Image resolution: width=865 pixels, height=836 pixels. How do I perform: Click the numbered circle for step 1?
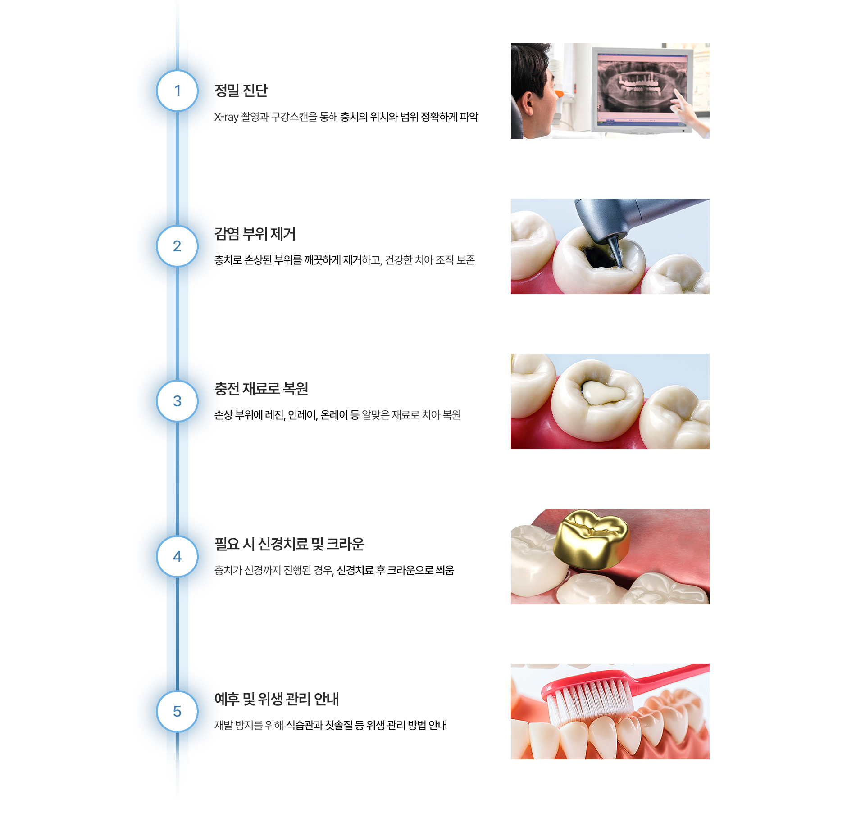coord(177,91)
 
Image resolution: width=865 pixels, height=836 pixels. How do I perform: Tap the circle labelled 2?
coord(177,246)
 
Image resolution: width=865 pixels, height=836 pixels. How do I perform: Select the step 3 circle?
coord(177,401)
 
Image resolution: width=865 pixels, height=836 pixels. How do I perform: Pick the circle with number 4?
coord(177,556)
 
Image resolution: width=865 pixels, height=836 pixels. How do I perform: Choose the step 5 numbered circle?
coord(177,711)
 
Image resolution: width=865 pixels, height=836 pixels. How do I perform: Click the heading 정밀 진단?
coord(241,91)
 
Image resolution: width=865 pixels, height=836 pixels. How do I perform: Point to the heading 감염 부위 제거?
coord(255,234)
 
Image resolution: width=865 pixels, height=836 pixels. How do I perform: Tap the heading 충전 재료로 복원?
coord(261,389)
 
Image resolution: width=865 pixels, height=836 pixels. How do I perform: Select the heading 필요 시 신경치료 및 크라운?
coord(289,544)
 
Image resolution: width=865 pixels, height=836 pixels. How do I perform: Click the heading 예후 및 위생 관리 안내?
coord(277,699)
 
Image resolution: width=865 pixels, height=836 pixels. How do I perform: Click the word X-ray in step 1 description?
coord(226,117)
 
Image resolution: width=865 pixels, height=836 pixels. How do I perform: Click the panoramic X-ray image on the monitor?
coord(641,86)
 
